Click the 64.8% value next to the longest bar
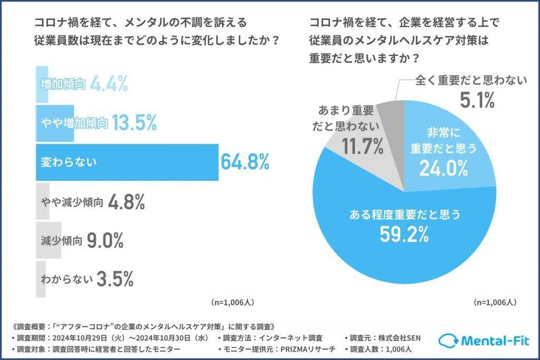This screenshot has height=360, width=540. (245, 162)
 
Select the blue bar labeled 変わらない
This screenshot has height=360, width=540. (127, 162)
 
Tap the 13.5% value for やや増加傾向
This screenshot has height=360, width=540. (134, 123)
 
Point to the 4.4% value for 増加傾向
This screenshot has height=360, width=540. (109, 83)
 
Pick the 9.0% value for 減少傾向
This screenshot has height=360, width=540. (105, 241)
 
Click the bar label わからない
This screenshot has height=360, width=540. (66, 279)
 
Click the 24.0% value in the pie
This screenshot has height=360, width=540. (443, 169)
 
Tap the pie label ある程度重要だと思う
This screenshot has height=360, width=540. (406, 214)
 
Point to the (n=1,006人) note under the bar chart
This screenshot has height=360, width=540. (233, 303)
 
